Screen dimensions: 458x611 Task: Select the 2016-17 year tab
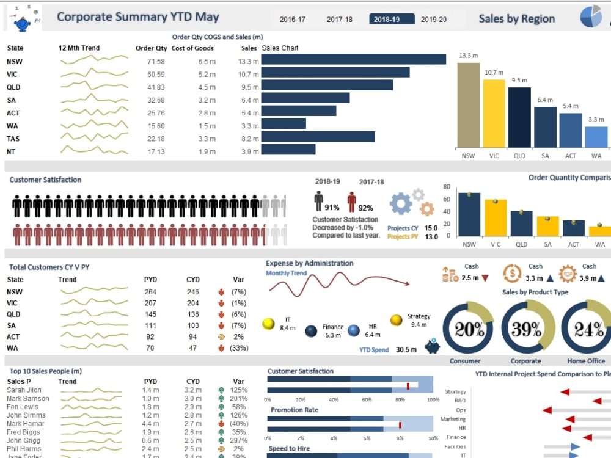pos(293,20)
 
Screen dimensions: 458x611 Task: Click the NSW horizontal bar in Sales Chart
pos(354,59)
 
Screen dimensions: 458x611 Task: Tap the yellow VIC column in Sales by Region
pos(494,113)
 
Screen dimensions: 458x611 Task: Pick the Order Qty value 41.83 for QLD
pos(156,87)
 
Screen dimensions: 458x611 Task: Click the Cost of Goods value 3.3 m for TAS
pos(207,139)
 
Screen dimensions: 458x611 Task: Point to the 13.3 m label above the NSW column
pos(468,56)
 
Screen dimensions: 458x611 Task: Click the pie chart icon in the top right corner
pos(591,17)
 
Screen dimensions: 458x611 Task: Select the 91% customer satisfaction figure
pos(332,208)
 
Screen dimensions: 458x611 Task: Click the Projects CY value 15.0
pos(431,228)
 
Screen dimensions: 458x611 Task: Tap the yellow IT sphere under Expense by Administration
pos(268,323)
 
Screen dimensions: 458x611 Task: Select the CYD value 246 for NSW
pos(193,292)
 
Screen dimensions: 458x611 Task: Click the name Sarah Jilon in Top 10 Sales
pos(24,390)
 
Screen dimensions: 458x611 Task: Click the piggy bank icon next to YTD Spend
pos(434,346)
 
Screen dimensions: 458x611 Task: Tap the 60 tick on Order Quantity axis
pos(447,199)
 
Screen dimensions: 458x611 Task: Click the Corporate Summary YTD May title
pos(137,17)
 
